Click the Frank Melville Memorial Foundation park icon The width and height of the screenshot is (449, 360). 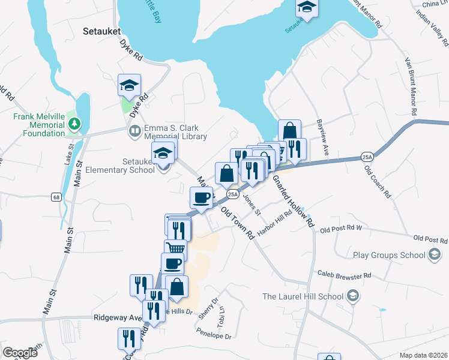tap(74, 124)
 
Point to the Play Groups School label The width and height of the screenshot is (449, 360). tap(389, 255)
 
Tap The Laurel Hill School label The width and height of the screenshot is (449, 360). tap(303, 296)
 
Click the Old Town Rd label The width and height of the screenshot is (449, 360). tap(238, 223)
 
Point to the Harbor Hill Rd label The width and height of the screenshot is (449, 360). tap(274, 224)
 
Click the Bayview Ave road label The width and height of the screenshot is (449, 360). tap(324, 137)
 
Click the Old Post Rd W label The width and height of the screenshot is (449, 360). tap(342, 229)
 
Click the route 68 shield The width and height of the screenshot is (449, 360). tap(56, 196)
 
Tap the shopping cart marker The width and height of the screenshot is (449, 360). tap(175, 248)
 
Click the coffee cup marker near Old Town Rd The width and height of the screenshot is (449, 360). tap(201, 197)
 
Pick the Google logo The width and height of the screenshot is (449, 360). tap(20, 352)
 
